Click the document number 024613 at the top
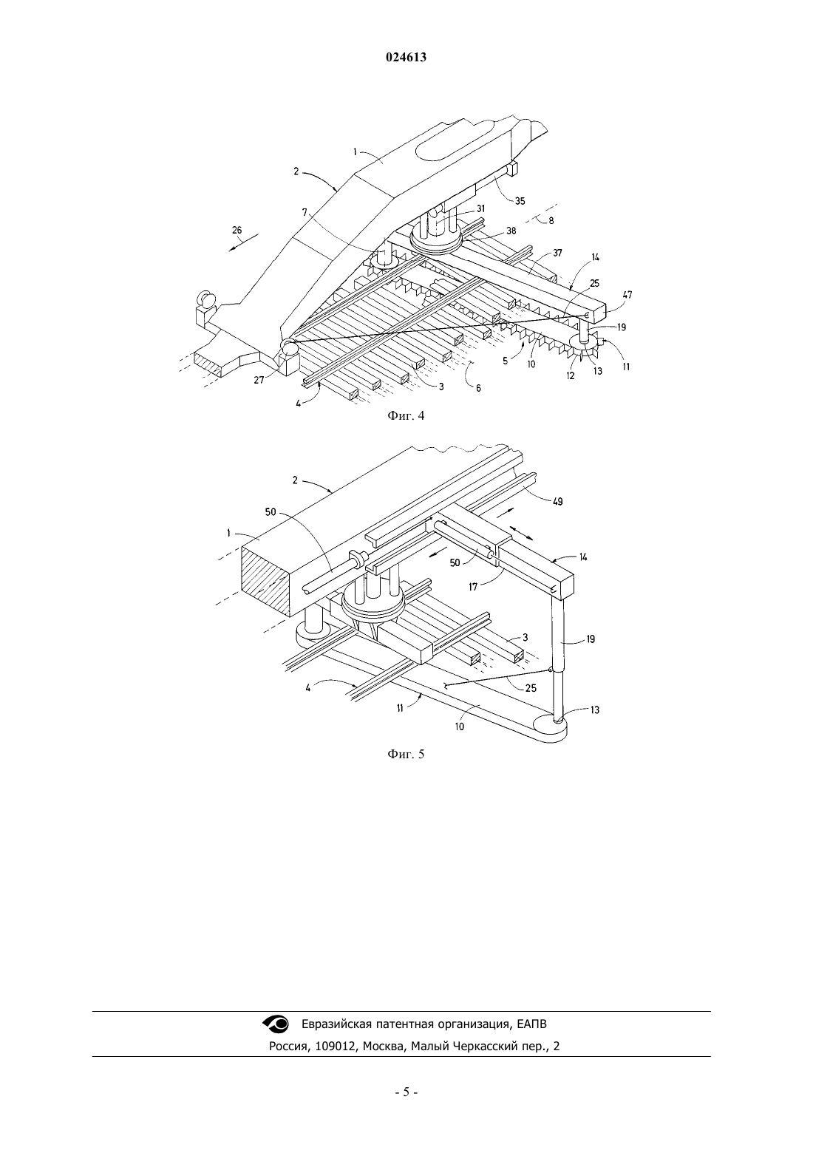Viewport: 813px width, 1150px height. coord(406,58)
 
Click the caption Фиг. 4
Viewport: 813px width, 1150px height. coord(406,416)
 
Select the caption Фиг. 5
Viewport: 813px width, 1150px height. coord(406,754)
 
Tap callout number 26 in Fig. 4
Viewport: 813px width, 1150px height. coord(237,230)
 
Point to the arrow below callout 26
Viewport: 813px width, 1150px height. coord(244,242)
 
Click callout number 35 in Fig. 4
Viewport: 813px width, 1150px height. coord(520,201)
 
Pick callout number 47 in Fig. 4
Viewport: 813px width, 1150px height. coord(627,295)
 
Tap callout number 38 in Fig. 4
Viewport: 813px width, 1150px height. coord(511,231)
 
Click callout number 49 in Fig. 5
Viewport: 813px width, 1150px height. coord(557,502)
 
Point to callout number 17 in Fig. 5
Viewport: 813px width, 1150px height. coord(473,586)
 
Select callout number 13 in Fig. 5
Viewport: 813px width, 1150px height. coord(595,710)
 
